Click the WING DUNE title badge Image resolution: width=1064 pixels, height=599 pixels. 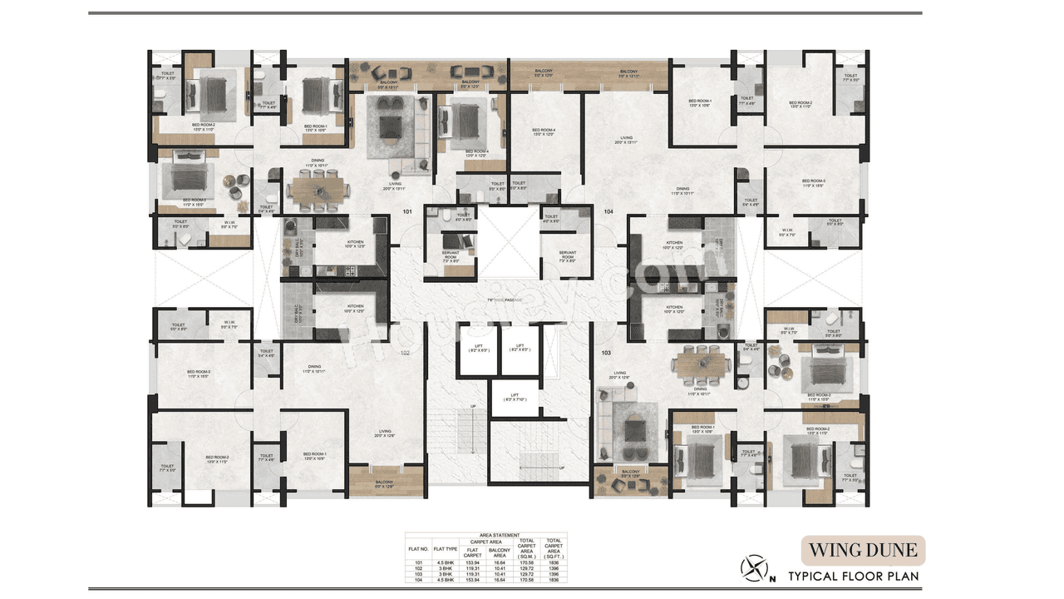[x=863, y=550]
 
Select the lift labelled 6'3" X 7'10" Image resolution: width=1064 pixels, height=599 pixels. [x=515, y=397]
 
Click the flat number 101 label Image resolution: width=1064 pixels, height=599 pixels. [x=407, y=212]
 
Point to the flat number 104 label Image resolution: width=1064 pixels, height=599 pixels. [x=608, y=212]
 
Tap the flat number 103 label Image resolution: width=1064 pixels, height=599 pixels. [x=606, y=354]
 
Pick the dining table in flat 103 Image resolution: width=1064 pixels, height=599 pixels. [x=703, y=364]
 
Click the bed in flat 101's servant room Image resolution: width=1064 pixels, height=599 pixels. [x=452, y=241]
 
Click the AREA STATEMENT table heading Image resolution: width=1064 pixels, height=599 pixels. [x=500, y=536]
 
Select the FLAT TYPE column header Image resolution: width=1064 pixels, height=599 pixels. [x=446, y=549]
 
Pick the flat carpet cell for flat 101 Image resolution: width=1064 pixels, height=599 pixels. [x=473, y=562]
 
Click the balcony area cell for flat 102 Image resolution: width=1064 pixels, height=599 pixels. [x=500, y=568]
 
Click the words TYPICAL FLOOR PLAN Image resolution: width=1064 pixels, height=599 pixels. [x=854, y=576]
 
